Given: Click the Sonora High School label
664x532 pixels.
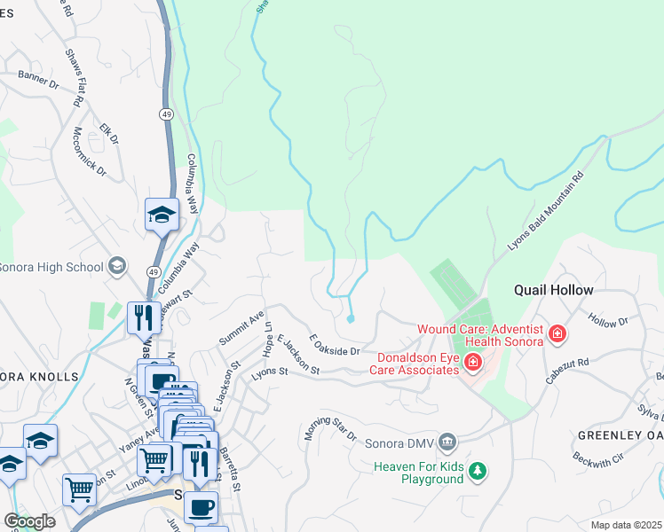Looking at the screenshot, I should [51, 266].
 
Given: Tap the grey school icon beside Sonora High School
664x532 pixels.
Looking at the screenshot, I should [116, 266].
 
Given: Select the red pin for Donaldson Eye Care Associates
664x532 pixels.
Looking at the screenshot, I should [471, 361].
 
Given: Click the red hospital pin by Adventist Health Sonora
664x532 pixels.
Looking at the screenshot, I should [557, 334].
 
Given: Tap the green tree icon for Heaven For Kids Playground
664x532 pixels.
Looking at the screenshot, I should [478, 469].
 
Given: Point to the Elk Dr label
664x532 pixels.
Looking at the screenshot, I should [109, 133].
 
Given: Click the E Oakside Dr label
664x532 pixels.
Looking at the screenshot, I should [335, 347].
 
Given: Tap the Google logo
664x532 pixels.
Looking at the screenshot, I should [29, 521].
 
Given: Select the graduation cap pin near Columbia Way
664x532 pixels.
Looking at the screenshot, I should [162, 215].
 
